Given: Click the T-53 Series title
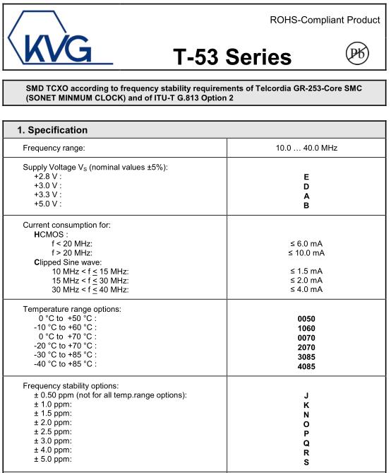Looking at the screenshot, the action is tap(232, 57).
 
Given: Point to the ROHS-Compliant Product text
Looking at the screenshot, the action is tap(325, 20).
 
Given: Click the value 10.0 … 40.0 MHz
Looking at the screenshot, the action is tap(306, 148).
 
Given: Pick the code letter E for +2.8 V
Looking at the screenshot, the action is tap(306, 176).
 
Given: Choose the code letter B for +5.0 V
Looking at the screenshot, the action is tap(306, 204).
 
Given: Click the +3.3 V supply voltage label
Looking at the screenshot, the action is tap(48, 194).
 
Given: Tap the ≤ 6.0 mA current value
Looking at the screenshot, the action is tap(306, 243).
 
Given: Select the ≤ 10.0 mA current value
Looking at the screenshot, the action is tap(306, 252).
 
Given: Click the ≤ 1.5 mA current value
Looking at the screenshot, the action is tap(306, 271).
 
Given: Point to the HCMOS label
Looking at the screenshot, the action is tap(50, 234).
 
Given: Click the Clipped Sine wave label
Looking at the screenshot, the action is tap(69, 262).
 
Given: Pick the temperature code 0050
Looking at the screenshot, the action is tap(306, 319).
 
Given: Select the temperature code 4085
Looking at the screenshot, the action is tap(306, 366).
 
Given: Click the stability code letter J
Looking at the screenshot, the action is tap(306, 396).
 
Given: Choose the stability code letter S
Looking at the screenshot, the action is tap(306, 462).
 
